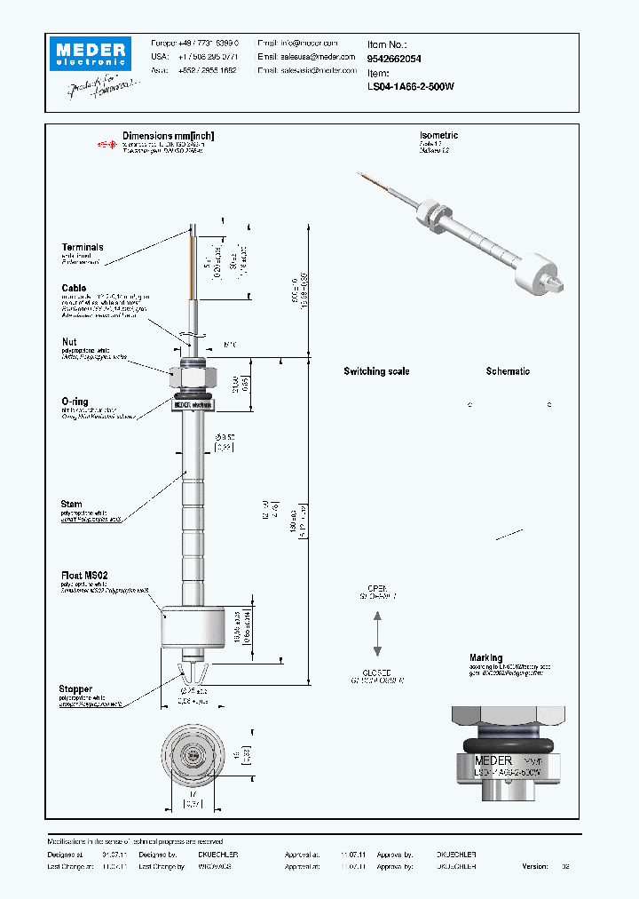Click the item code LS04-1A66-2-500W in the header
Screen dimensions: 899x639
pos(410,87)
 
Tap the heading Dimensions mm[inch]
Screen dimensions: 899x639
pos(169,136)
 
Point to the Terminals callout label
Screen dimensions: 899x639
pos(83,247)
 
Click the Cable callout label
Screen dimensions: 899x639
pos(74,288)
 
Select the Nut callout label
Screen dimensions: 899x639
pos(69,342)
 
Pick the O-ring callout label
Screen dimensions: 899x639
pos(75,402)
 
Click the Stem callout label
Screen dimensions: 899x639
pos(72,505)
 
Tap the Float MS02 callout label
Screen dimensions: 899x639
pos(87,576)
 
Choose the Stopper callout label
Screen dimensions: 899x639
pos(77,688)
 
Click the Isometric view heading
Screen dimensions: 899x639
pos(438,136)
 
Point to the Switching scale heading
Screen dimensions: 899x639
pos(376,371)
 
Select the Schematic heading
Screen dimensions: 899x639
pos(508,371)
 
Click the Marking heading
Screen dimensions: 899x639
pos(485,658)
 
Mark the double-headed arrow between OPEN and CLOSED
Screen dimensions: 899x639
pos(377,635)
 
